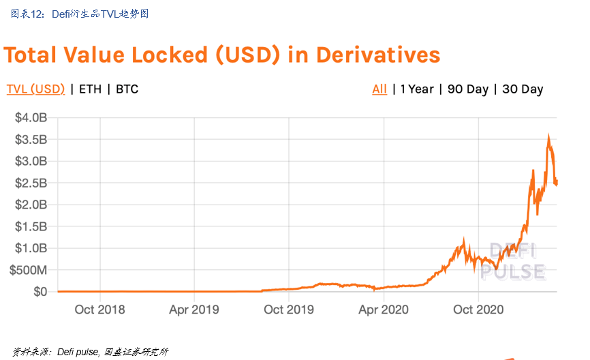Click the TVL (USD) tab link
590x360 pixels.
[35, 89]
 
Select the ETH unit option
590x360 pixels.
[90, 89]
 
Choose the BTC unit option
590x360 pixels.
[127, 89]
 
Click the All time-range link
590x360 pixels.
[379, 89]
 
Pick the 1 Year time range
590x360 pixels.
[417, 89]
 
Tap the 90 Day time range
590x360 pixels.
[468, 89]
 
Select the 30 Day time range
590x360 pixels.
[523, 89]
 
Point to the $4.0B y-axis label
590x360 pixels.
[31, 118]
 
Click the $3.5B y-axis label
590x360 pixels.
[31, 140]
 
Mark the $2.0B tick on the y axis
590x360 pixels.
[31, 205]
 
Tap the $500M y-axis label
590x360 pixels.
[29, 270]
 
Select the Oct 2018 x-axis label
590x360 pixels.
[99, 310]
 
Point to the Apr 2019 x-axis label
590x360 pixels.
[194, 310]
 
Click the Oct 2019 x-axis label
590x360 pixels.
[288, 310]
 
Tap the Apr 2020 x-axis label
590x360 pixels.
[383, 310]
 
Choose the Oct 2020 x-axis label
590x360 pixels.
[478, 310]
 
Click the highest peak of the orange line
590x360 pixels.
[548, 136]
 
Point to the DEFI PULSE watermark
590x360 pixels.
[513, 261]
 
